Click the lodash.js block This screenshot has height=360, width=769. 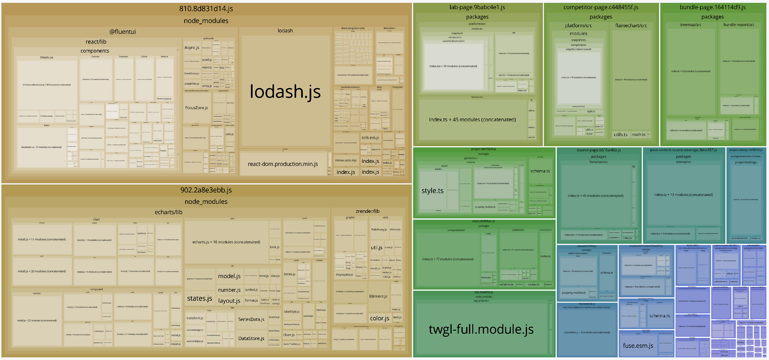click(x=285, y=91)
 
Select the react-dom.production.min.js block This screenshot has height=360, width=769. click(x=283, y=164)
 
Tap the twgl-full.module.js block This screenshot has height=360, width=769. click(x=481, y=329)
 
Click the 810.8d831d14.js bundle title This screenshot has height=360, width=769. click(x=206, y=9)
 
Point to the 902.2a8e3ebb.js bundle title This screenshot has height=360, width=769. click(x=206, y=190)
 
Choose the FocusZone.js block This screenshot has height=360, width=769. click(x=196, y=108)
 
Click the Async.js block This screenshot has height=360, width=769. click(x=192, y=47)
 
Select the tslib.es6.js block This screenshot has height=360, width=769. click(x=370, y=138)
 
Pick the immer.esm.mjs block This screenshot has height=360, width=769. click(x=346, y=160)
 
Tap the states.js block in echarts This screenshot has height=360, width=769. click(x=200, y=299)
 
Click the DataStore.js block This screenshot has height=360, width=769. click(x=251, y=338)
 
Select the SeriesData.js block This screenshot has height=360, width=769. click(x=251, y=319)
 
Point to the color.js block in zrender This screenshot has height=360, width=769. click(x=379, y=318)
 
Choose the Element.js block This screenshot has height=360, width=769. click(x=378, y=296)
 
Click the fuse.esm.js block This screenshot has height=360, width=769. click(x=638, y=346)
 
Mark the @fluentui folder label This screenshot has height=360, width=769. click(x=122, y=32)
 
